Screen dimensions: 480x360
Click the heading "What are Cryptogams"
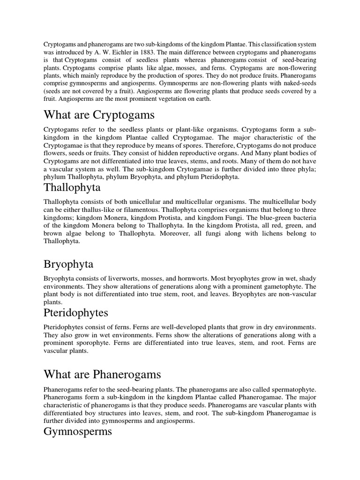[99, 115]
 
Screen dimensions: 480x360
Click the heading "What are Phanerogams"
[102, 374]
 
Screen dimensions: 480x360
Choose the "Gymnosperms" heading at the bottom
[78, 431]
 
